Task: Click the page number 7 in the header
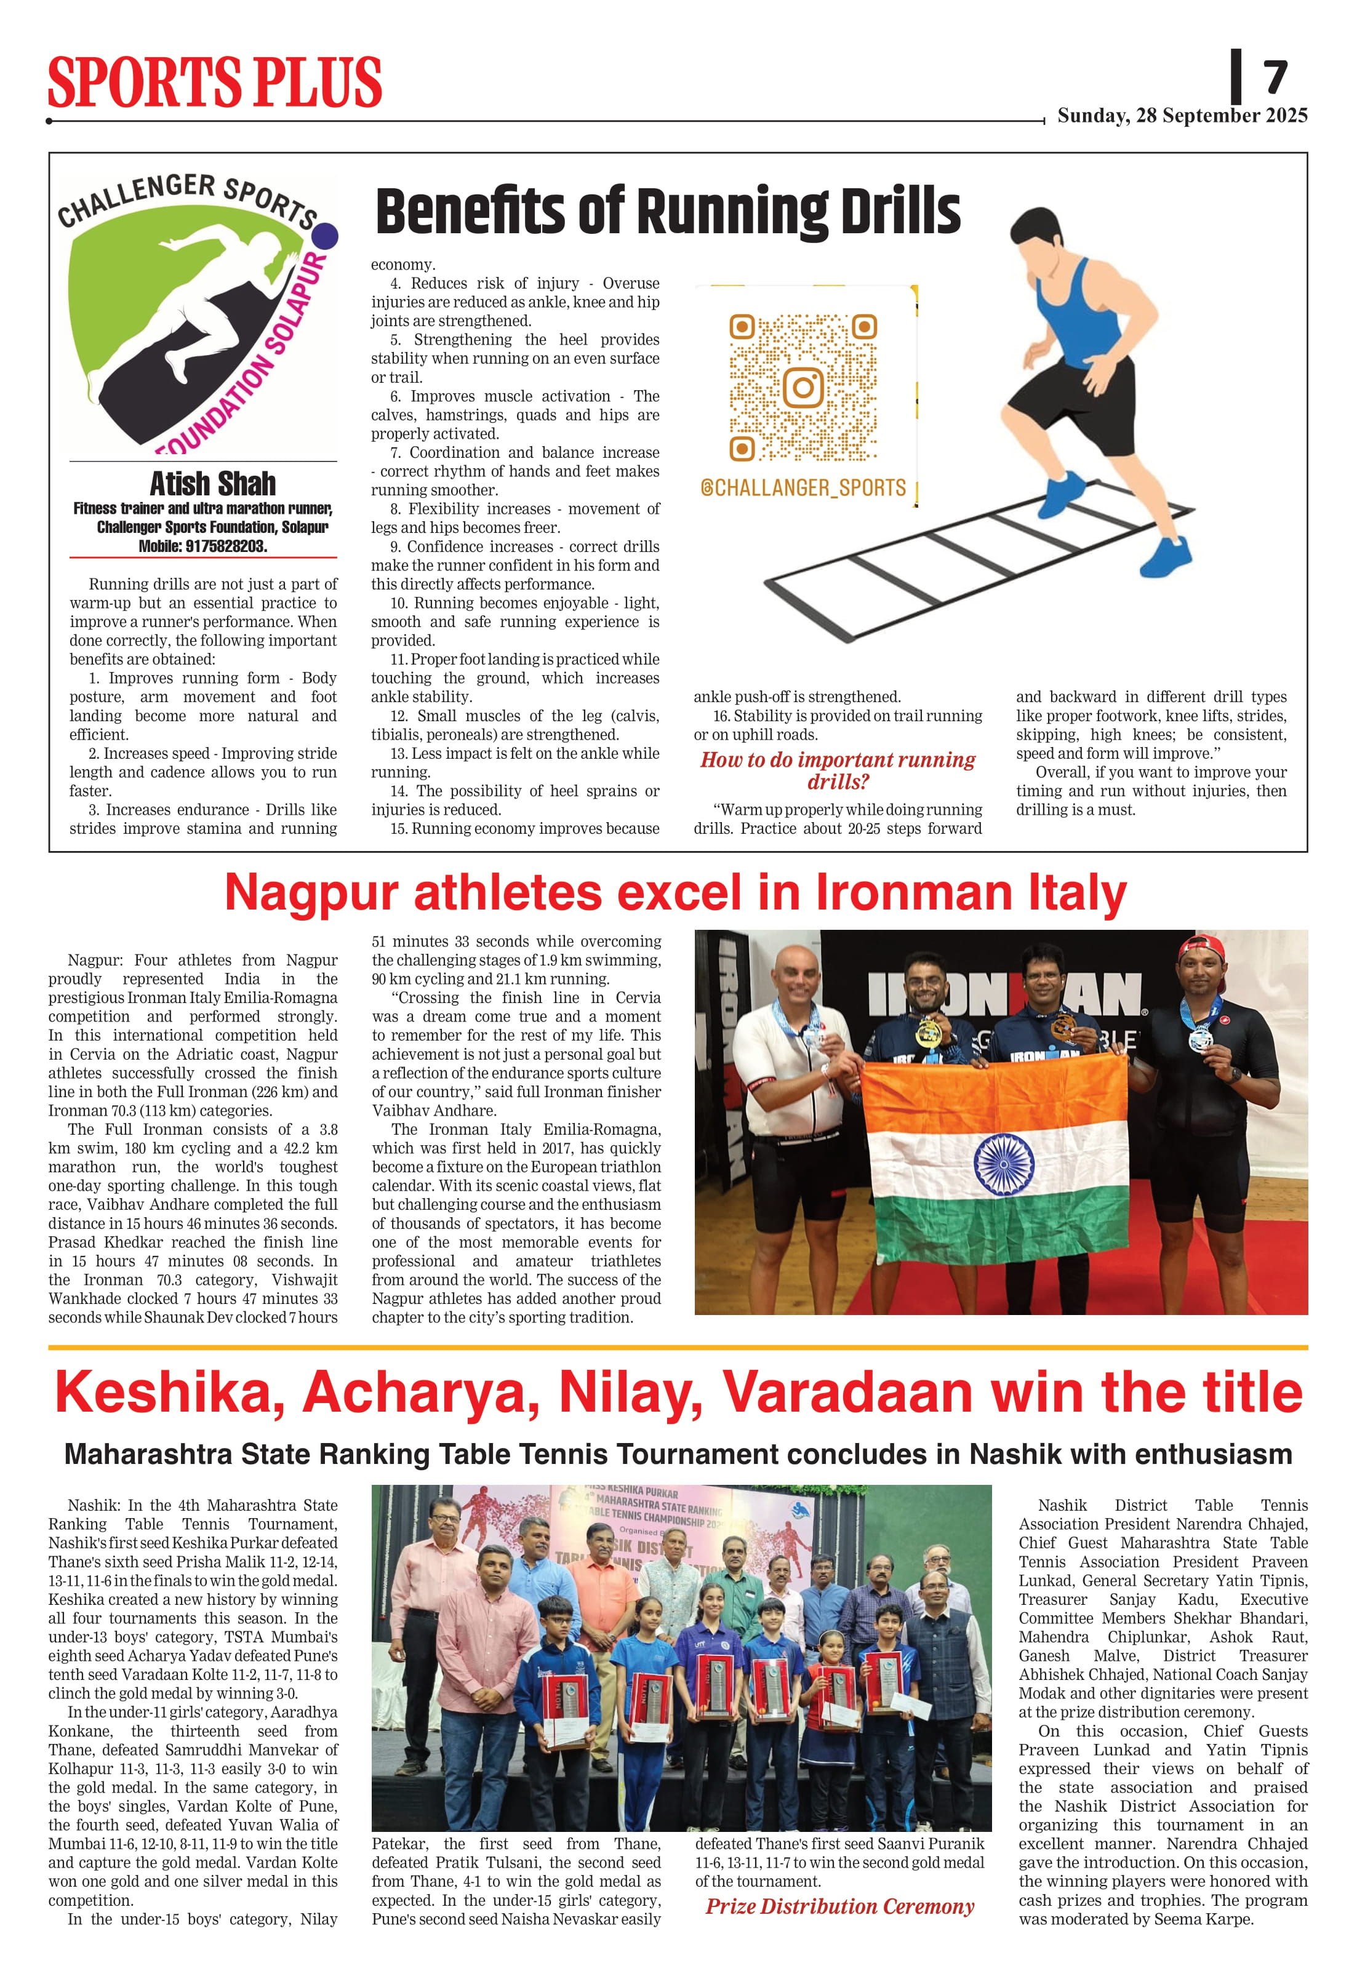(1275, 78)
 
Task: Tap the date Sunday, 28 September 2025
(1182, 116)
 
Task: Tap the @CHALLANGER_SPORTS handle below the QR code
(803, 487)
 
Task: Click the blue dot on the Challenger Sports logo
(327, 235)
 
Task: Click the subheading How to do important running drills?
(837, 770)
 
